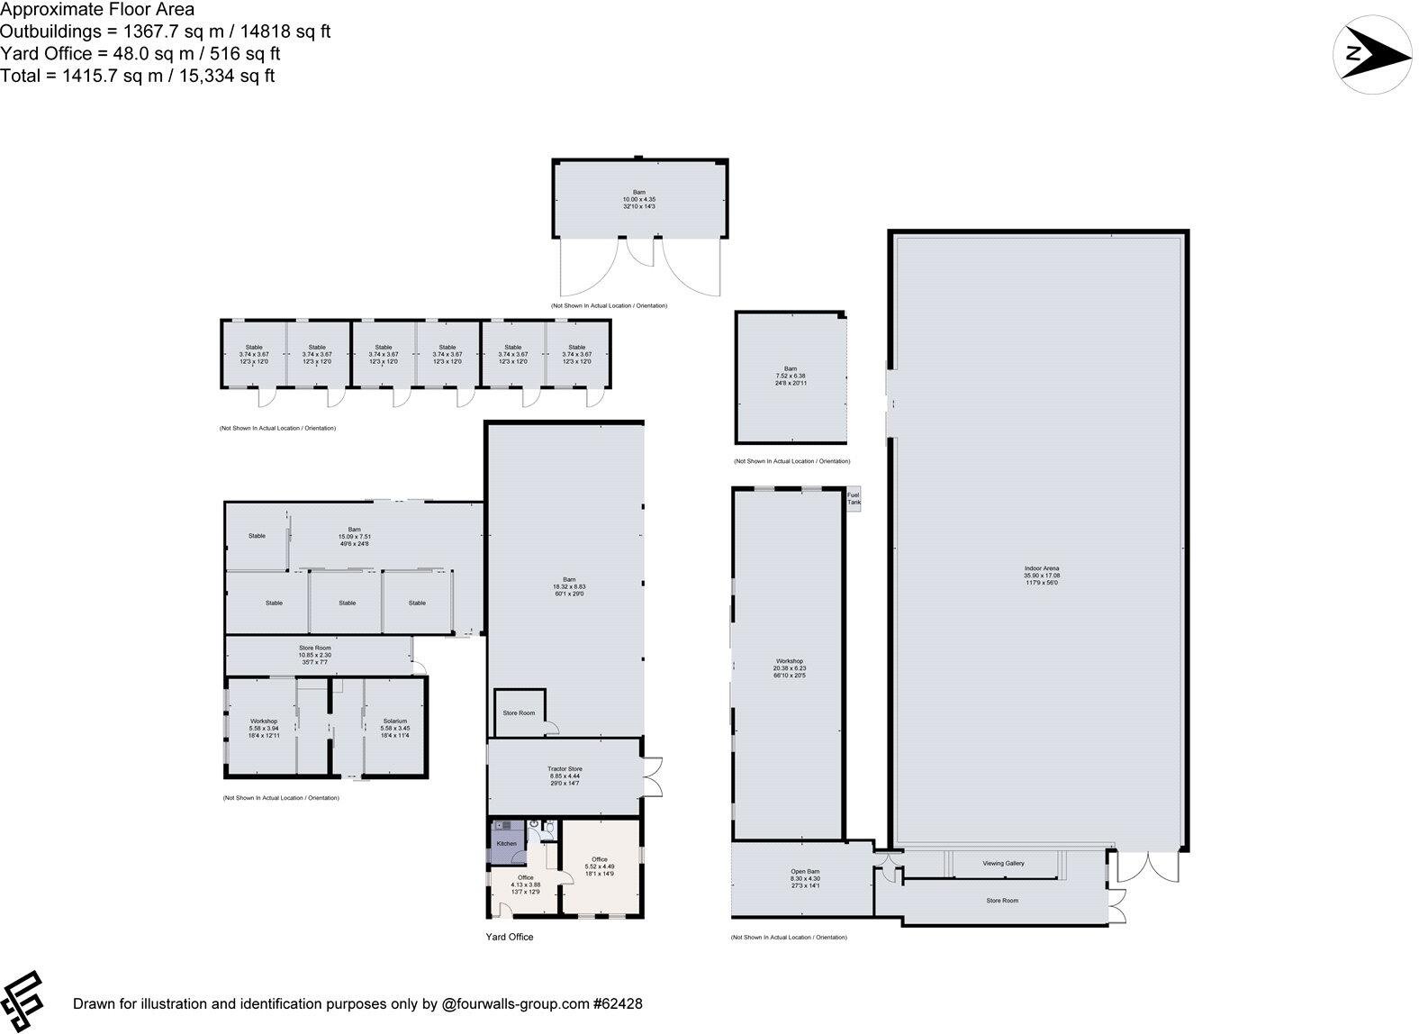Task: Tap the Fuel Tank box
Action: [854, 499]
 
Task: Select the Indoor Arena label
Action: [1041, 576]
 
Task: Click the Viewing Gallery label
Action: [1003, 863]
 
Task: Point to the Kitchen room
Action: [507, 843]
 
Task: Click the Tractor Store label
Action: [565, 775]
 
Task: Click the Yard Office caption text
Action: [509, 937]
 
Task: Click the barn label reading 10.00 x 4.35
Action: [639, 199]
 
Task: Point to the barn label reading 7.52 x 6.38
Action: [790, 376]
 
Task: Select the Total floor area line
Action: [138, 76]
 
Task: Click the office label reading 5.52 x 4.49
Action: [599, 866]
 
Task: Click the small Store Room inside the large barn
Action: [519, 712]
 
